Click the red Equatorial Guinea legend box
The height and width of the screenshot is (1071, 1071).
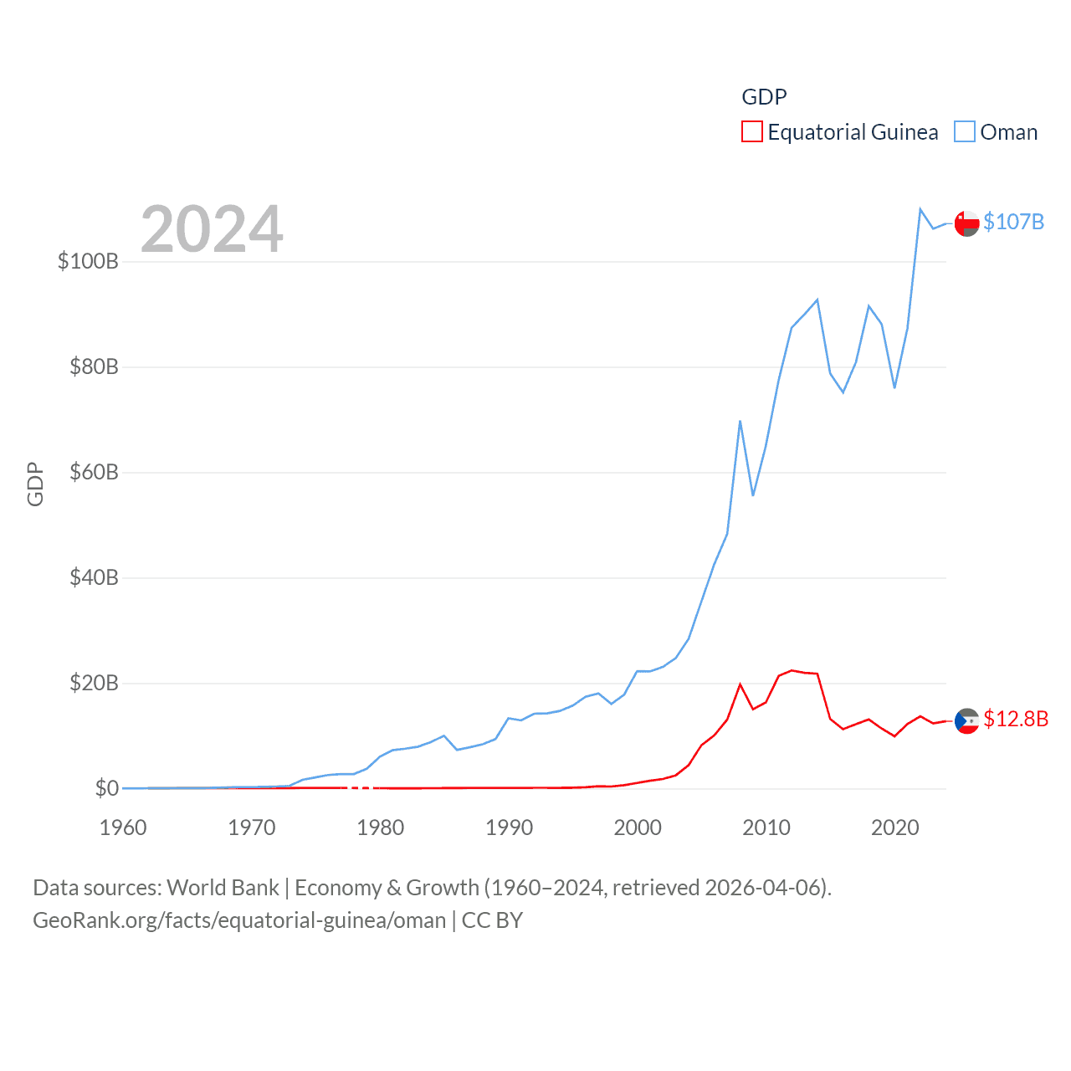(751, 132)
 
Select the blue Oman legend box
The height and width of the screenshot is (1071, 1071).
(965, 132)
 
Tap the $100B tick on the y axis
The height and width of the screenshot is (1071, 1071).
(88, 261)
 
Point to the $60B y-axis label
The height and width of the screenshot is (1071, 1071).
(94, 472)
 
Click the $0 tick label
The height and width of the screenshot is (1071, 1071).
(106, 788)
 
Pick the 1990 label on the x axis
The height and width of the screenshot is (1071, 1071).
(509, 828)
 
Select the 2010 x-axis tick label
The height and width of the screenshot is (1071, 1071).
(766, 828)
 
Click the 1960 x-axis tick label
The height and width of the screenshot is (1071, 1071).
(123, 828)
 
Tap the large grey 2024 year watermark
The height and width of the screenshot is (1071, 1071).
(212, 228)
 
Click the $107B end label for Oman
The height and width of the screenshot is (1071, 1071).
(1013, 222)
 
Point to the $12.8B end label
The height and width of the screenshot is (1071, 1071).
(1016, 719)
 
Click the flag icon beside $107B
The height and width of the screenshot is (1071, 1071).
(966, 223)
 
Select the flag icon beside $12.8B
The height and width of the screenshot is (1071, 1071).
(966, 720)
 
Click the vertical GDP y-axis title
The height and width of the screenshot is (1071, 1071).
(35, 484)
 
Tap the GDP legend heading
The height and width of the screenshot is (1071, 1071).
(764, 97)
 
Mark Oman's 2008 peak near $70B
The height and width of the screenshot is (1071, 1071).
(740, 422)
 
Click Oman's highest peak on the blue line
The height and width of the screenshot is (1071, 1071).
(920, 209)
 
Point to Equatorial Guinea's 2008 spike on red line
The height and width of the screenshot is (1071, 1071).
(740, 684)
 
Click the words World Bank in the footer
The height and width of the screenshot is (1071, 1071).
(223, 887)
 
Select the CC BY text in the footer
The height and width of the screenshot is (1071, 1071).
(492, 920)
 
